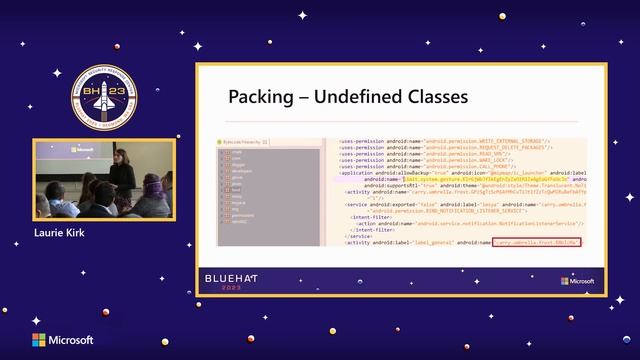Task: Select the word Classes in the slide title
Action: click(x=435, y=97)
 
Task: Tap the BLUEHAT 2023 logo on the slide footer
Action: click(x=231, y=278)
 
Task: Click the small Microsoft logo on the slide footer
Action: click(x=576, y=281)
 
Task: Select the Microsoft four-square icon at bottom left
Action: click(x=38, y=340)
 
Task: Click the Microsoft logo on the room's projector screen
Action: click(x=82, y=149)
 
